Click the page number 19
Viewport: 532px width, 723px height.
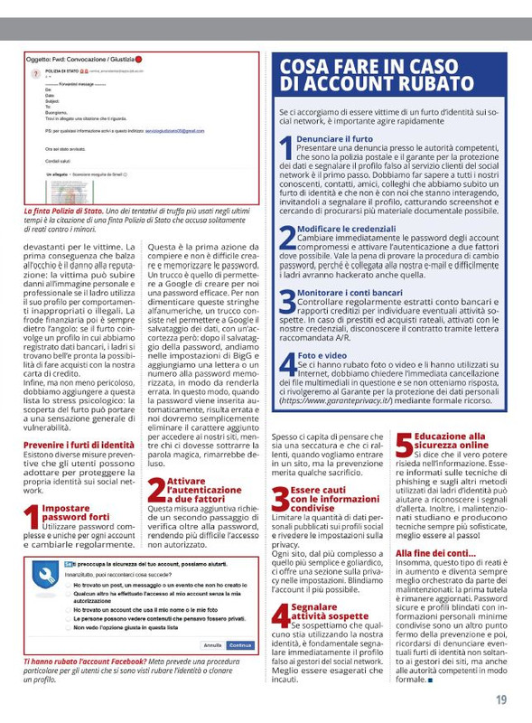coord(499,699)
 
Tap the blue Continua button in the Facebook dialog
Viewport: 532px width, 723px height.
coord(239,645)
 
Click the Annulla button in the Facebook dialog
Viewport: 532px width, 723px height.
coord(212,645)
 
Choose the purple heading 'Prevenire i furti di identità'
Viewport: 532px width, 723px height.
coord(79,446)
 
